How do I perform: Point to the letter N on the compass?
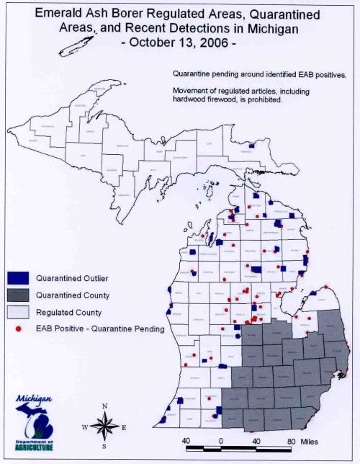[x=105, y=406]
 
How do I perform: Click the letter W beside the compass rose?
[x=85, y=428]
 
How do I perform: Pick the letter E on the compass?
[x=125, y=428]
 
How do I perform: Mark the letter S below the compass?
[x=105, y=447]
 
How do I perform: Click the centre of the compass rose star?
[x=105, y=427]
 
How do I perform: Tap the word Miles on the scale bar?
[x=308, y=440]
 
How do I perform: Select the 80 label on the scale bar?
[x=292, y=440]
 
